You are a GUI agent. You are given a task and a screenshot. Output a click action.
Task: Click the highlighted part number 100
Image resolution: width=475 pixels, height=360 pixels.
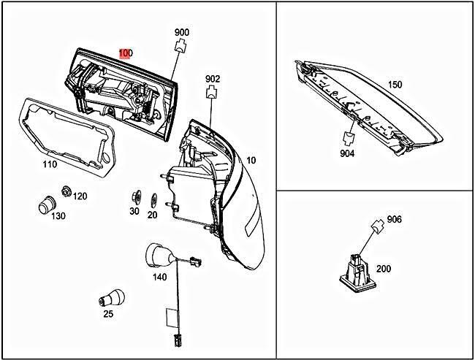click(126, 53)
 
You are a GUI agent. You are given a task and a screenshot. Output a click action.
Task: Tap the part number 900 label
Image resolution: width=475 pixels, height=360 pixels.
click(181, 32)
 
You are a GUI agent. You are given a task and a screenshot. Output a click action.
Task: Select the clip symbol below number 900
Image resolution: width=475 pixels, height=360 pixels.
click(180, 46)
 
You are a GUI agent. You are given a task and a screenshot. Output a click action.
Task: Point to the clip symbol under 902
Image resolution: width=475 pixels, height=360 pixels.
click(212, 92)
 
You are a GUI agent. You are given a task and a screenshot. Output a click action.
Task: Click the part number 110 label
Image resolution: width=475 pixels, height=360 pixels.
click(50, 164)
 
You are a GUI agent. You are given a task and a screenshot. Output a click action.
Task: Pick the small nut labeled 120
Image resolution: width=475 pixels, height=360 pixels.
click(66, 191)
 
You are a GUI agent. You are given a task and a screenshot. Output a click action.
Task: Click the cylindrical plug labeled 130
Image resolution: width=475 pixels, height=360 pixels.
click(47, 205)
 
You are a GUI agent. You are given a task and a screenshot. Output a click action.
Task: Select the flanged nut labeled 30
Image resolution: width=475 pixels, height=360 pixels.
click(136, 197)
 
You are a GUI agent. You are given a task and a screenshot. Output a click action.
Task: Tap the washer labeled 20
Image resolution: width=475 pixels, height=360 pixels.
click(153, 199)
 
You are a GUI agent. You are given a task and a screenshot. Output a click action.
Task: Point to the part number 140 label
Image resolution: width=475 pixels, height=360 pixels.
click(159, 277)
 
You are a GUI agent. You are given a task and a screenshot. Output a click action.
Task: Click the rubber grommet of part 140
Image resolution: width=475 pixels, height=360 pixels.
click(160, 256)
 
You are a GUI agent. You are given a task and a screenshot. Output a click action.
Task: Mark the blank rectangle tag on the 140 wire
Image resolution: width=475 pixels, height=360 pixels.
click(170, 318)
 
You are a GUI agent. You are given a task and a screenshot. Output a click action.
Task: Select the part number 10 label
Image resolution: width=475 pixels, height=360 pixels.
click(251, 160)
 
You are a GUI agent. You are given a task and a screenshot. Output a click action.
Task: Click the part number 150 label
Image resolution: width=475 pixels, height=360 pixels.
click(395, 84)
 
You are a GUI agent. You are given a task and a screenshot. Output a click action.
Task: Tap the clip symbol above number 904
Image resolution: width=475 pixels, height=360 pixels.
click(349, 138)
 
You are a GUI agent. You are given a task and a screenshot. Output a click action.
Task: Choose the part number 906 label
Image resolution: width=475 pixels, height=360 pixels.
click(394, 219)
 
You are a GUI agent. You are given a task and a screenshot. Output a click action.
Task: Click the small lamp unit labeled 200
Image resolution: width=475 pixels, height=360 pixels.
click(358, 272)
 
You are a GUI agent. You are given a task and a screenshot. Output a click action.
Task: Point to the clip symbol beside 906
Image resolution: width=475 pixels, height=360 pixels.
click(378, 226)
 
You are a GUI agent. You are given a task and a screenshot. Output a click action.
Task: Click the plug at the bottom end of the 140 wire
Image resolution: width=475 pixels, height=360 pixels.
click(178, 340)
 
